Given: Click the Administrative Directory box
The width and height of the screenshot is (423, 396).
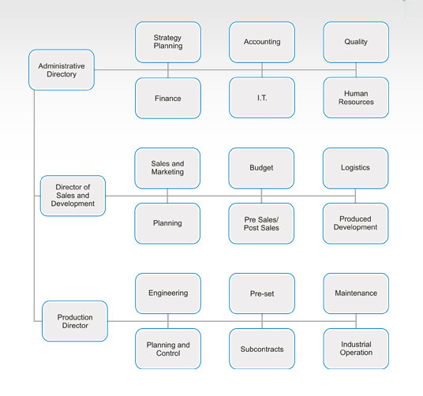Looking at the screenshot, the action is click(x=62, y=70).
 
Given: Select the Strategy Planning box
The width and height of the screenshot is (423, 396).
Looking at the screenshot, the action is click(x=168, y=43).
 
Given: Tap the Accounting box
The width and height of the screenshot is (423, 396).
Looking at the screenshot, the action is click(x=262, y=43).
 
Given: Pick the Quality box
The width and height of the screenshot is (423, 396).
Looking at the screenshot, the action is click(x=356, y=43).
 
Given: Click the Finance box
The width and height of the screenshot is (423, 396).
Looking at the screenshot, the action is click(x=168, y=98).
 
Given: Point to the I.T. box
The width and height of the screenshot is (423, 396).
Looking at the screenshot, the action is click(x=262, y=98).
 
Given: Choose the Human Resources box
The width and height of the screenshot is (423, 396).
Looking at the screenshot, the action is click(x=356, y=98).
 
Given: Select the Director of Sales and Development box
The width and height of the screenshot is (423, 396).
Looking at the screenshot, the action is click(x=73, y=196).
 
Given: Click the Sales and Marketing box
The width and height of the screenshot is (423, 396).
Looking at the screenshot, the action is click(x=167, y=168).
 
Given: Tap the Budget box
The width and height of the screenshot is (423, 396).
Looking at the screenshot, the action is click(x=261, y=168).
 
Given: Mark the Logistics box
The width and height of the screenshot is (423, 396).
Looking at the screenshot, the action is click(x=356, y=168).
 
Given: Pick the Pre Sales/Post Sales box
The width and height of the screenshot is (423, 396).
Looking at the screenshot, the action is click(x=261, y=223).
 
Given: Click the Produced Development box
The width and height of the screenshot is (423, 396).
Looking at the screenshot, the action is click(x=356, y=223).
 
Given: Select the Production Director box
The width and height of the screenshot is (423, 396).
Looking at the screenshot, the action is click(x=75, y=321).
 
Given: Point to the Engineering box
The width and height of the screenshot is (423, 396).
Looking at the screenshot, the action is click(x=168, y=293).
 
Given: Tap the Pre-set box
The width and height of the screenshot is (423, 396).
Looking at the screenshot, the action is click(x=262, y=293).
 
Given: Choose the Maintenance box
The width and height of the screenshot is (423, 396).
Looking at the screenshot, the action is click(x=356, y=293).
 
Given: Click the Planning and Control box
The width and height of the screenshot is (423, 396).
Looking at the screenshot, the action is click(x=168, y=349).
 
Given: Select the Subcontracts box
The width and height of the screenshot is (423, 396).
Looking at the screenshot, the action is click(x=262, y=349).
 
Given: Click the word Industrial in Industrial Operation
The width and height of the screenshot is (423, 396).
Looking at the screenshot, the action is click(x=356, y=344).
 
